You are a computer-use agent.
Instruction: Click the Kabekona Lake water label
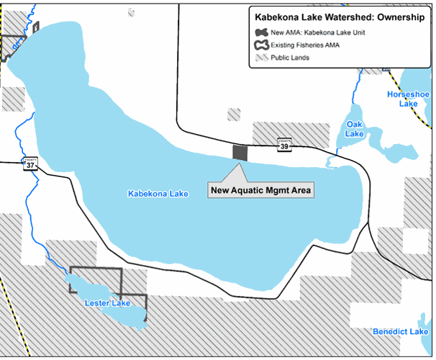pos(157,194)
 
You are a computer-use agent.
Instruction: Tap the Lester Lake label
pos(107,303)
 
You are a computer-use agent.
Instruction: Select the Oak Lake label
pos(355,129)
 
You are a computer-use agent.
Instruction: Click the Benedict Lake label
pos(400,331)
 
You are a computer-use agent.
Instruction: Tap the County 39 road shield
pos(284,145)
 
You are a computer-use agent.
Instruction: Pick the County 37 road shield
pos(29,164)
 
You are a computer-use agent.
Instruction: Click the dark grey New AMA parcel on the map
pos(240,152)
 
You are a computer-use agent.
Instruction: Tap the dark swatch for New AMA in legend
pos(260,33)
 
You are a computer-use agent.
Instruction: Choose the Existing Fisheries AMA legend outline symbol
pos(260,45)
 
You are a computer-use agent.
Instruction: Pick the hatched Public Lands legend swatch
pos(260,58)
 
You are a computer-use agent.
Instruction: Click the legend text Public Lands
pos(291,58)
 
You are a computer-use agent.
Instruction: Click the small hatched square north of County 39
pos(234,114)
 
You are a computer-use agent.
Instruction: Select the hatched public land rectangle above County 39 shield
pos(291,131)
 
